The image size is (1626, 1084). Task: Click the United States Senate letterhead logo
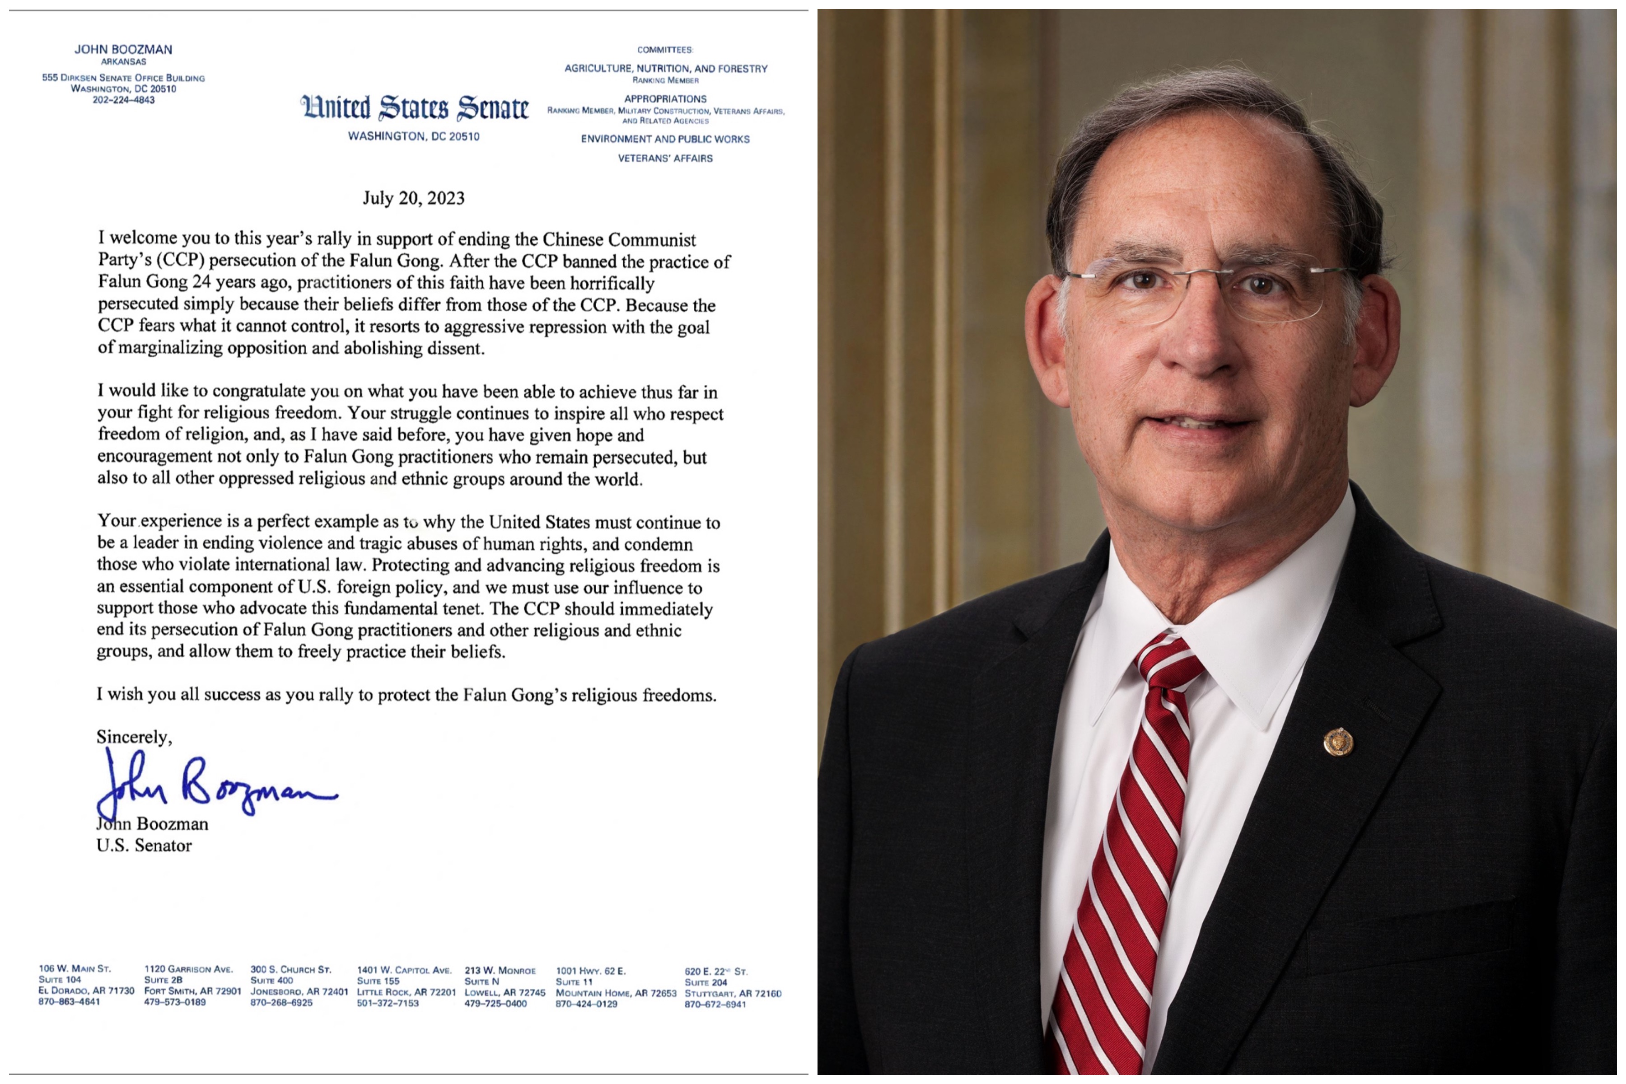click(414, 108)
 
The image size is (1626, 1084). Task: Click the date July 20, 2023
click(413, 198)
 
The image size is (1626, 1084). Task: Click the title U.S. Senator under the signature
click(144, 846)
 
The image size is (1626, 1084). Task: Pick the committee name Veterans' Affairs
click(665, 159)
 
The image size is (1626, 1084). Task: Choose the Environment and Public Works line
click(665, 139)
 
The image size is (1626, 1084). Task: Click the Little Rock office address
click(406, 986)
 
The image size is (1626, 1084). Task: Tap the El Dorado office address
click(86, 985)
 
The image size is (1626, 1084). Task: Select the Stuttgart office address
click(732, 988)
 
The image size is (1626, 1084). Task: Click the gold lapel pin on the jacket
click(1338, 742)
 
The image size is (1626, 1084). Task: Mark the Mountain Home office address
click(615, 987)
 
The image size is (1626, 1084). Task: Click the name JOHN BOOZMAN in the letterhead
click(124, 50)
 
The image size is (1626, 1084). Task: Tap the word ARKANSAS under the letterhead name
click(124, 61)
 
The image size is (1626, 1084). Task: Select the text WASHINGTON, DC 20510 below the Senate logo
click(413, 137)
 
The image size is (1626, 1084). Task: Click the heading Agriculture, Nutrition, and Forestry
click(666, 69)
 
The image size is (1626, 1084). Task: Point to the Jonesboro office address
click(299, 986)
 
